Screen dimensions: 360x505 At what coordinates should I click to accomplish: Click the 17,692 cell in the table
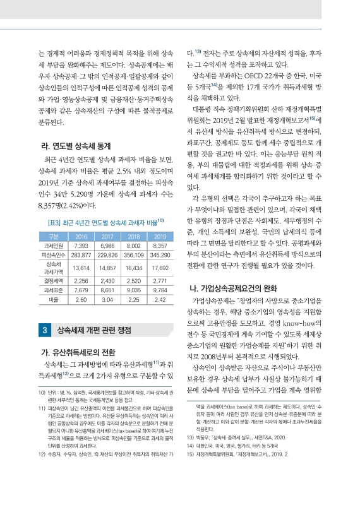[x=159, y=251]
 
